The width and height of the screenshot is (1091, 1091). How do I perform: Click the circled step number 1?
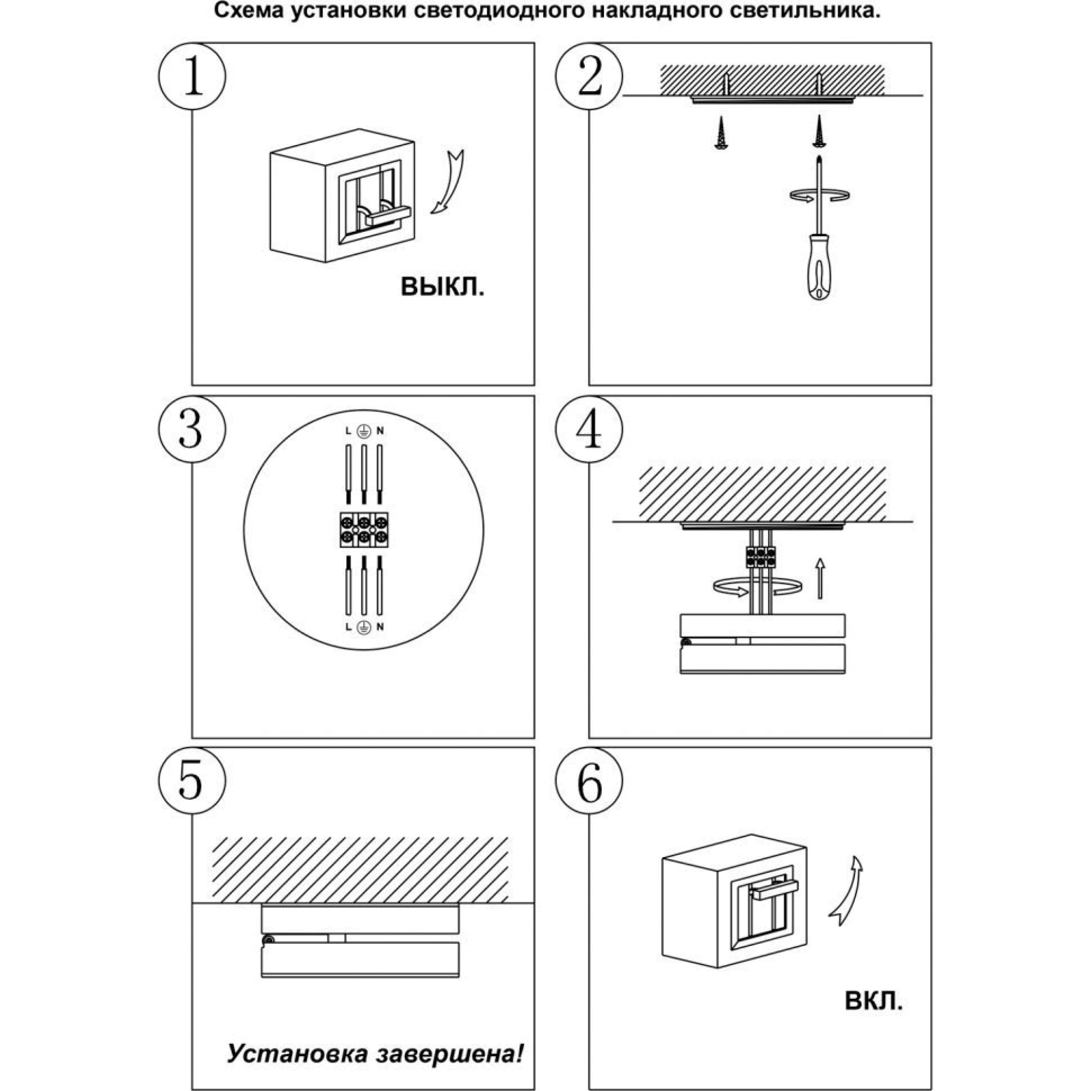[192, 76]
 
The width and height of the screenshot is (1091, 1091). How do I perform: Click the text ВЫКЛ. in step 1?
[442, 287]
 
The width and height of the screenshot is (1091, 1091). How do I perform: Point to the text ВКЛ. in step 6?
[873, 1000]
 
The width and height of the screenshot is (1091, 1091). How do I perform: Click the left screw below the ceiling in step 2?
[721, 133]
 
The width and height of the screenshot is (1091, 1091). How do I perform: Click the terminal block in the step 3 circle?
[364, 529]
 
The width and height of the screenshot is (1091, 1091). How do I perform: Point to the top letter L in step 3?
[348, 431]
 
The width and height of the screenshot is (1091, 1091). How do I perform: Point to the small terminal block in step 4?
[761, 557]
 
